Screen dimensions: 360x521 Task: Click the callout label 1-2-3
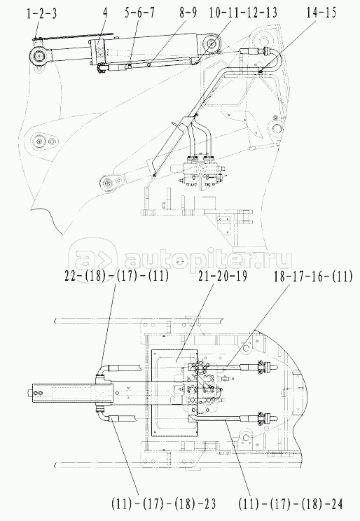pos(41,13)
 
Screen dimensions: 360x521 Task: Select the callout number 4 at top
pos(105,13)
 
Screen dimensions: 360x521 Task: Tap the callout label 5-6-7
pos(139,13)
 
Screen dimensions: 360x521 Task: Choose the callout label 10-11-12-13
pos(243,13)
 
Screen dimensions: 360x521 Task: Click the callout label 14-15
pos(321,13)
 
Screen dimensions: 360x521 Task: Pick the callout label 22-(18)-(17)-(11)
pos(116,276)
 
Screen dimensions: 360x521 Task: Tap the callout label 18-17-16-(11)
pos(312,276)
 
